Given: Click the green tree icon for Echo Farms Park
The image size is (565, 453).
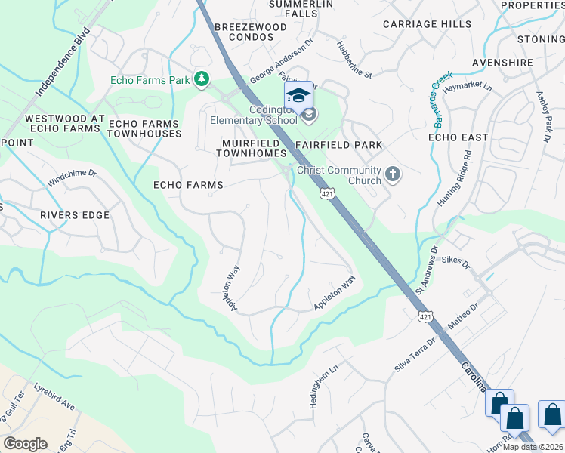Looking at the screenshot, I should click(x=202, y=79).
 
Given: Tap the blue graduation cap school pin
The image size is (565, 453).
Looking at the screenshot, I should click(x=298, y=95).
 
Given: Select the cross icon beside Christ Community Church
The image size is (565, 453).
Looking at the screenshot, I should click(x=392, y=174).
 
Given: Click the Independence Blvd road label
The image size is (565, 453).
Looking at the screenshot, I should click(x=63, y=63).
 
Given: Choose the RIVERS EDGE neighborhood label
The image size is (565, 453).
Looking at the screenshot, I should click(x=75, y=215).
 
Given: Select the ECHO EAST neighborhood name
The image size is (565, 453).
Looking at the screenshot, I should click(x=458, y=137).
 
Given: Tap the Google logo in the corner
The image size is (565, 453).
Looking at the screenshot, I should click(x=25, y=444).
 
